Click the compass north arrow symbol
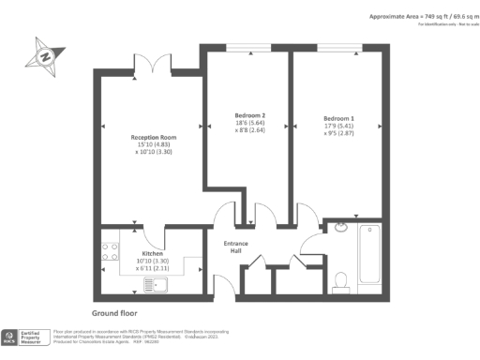(43, 55)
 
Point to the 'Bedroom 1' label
(338, 118)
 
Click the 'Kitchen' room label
(153, 253)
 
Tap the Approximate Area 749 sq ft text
(417, 17)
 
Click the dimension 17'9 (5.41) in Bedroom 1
(338, 126)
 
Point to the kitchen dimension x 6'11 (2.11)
(153, 268)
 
